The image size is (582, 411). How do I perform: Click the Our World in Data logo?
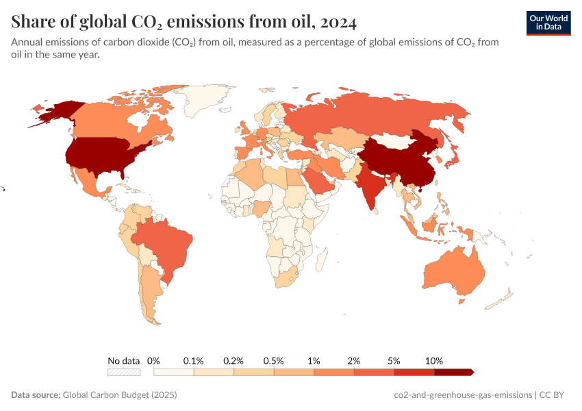click(x=548, y=23)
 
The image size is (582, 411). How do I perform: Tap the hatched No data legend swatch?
click(x=124, y=372)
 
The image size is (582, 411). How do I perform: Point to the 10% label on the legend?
click(x=434, y=360)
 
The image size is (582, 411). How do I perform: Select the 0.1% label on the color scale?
click(x=194, y=360)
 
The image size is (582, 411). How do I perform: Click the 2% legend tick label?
click(x=354, y=360)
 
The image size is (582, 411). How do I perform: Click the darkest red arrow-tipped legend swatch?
click(x=453, y=372)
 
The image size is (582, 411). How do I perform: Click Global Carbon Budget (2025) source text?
click(x=120, y=395)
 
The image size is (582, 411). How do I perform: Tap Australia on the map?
click(x=453, y=274)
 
